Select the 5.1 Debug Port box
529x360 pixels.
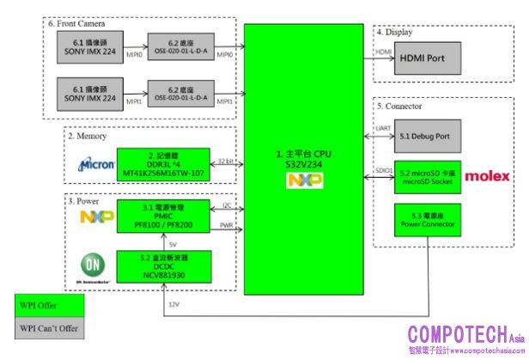(x=423, y=136)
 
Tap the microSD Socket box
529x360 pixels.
(x=423, y=175)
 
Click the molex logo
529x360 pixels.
(x=488, y=176)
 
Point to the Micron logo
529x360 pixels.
(x=96, y=163)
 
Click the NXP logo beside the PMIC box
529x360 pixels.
(x=97, y=217)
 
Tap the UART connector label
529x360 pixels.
(x=384, y=130)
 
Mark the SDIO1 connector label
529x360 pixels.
(x=384, y=170)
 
